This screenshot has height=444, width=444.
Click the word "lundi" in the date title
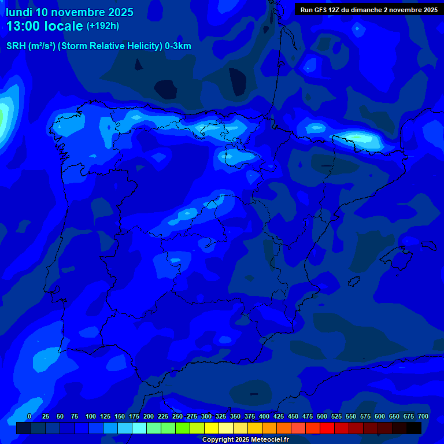click(18, 12)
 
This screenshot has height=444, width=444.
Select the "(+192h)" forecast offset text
click(102, 26)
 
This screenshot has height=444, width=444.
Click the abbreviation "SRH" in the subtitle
click(16, 46)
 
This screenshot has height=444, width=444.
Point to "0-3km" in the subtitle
click(178, 46)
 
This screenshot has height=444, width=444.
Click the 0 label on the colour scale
click(29, 416)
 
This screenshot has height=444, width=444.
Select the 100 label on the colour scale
click(91, 416)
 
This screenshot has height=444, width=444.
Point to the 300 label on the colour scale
click(206, 416)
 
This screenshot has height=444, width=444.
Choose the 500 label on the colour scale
click(322, 416)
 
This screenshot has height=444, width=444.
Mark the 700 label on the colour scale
click(423, 416)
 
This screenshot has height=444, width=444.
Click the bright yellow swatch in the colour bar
click(211, 428)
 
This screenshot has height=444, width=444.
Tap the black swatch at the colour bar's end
click(414, 428)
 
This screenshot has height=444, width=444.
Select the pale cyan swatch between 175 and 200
click(139, 428)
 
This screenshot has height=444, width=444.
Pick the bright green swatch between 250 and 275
click(182, 428)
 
